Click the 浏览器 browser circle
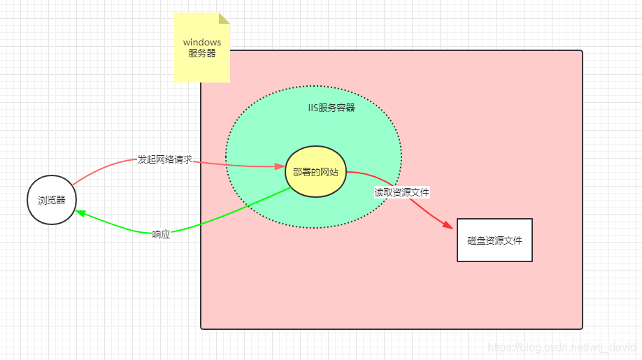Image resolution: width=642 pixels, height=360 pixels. point(52,200)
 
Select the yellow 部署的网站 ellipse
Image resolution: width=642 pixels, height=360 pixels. point(316,172)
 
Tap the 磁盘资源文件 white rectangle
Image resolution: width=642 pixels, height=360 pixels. point(494,240)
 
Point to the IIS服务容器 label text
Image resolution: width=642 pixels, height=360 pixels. point(331,108)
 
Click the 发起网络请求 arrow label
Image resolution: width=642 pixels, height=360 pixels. point(164,160)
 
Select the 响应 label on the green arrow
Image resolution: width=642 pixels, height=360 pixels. point(162,234)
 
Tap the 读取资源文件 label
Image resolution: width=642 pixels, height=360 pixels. point(401,192)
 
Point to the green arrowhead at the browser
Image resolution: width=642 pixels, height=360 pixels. point(80,213)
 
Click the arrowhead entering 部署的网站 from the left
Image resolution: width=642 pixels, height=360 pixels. point(280,166)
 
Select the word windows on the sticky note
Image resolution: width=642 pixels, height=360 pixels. point(202,43)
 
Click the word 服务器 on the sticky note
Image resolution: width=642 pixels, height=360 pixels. point(202,54)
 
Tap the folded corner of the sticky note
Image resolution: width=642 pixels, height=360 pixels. point(224,17)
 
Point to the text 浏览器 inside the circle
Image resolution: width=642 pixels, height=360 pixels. point(52,200)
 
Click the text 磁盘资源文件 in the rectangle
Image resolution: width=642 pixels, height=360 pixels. point(494,240)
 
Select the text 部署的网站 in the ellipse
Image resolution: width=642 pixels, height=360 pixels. point(316,172)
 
